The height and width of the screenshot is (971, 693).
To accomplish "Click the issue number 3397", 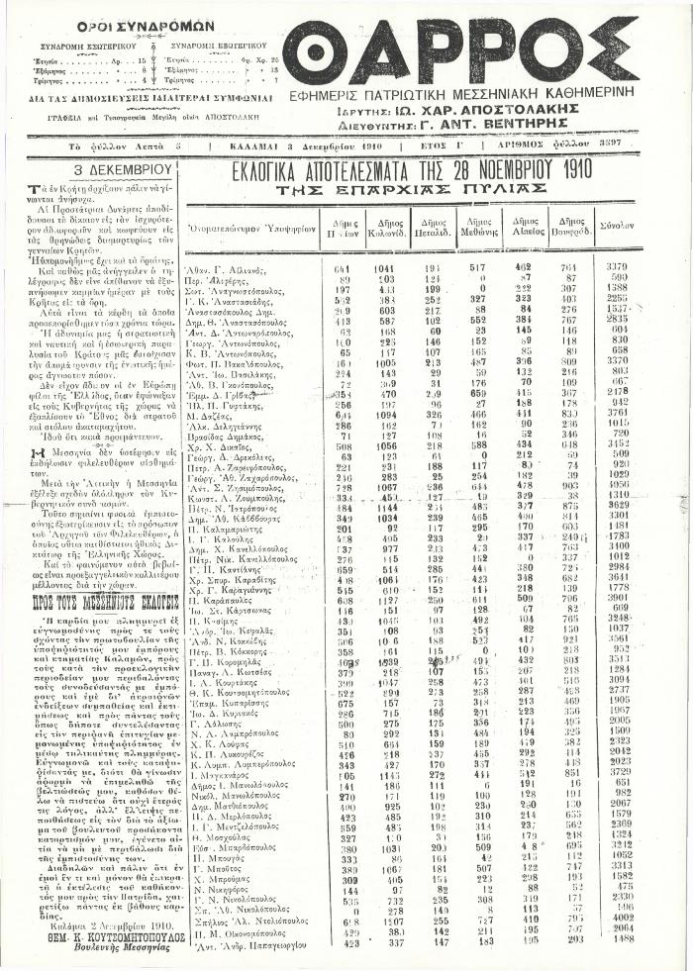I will pyautogui.click(x=662, y=146).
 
